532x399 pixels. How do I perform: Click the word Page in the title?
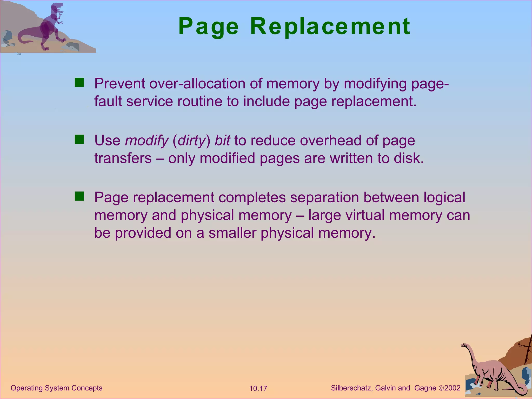point(208,27)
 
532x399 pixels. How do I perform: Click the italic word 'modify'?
point(147,141)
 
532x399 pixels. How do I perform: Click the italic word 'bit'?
point(222,140)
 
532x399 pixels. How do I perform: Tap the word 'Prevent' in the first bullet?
point(119,84)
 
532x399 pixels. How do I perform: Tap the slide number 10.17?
point(258,389)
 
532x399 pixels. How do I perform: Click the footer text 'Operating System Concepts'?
point(56,388)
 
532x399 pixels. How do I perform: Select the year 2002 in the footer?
point(452,388)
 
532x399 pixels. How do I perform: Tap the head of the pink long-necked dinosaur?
point(464,345)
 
